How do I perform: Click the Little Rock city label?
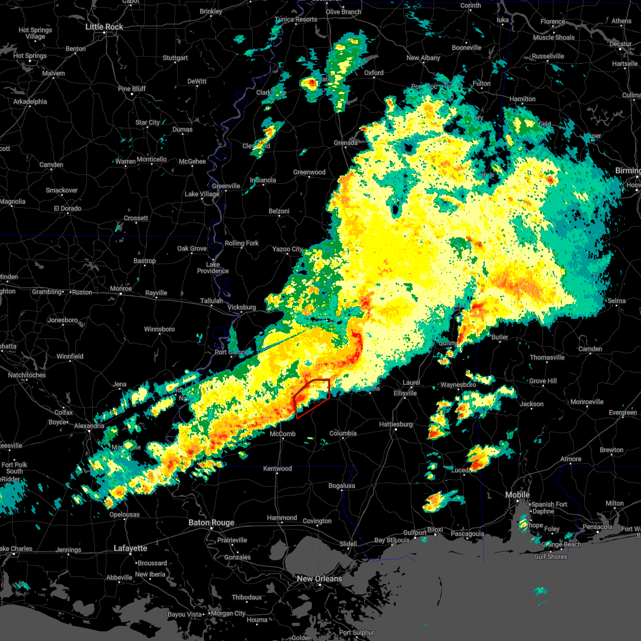(104, 27)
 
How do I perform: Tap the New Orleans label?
(319, 579)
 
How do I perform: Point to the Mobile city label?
(518, 495)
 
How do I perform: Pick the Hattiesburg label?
(396, 424)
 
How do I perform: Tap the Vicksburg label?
(241, 307)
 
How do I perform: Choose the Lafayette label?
(130, 548)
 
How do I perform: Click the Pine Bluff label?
(132, 89)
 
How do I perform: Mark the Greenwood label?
(309, 172)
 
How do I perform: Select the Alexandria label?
(89, 426)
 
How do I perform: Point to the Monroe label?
(121, 288)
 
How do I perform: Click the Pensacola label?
(597, 527)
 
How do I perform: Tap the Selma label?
(616, 301)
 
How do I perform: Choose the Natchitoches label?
(27, 375)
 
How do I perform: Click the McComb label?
(283, 434)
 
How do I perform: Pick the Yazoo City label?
(287, 249)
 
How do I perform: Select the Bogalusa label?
(342, 486)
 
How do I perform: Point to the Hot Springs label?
(30, 56)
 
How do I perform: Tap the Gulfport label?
(415, 533)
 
